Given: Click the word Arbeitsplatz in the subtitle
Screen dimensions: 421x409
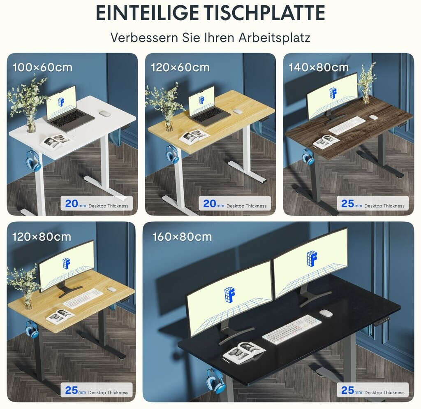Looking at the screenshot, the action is tap(274, 37).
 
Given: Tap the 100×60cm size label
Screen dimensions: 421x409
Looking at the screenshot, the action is tap(42, 67).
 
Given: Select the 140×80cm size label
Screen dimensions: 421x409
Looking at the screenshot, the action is tap(319, 67).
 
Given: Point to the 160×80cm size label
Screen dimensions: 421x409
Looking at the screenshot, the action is tap(182, 237).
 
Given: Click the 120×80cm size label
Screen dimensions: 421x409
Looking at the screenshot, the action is tap(42, 237).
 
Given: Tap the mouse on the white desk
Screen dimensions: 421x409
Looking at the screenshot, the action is tap(105, 114).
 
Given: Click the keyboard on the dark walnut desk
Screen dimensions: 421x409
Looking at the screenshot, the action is tap(347, 125).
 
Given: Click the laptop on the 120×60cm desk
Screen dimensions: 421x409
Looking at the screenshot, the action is tap(208, 107).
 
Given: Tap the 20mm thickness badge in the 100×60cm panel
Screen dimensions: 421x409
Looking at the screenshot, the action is tap(97, 204).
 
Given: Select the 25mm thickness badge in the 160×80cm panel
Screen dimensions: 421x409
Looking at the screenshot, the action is tap(372, 390).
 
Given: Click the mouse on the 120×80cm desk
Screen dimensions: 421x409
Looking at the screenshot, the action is tap(111, 289).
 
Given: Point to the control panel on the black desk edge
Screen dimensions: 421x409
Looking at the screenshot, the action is tap(382, 321).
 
